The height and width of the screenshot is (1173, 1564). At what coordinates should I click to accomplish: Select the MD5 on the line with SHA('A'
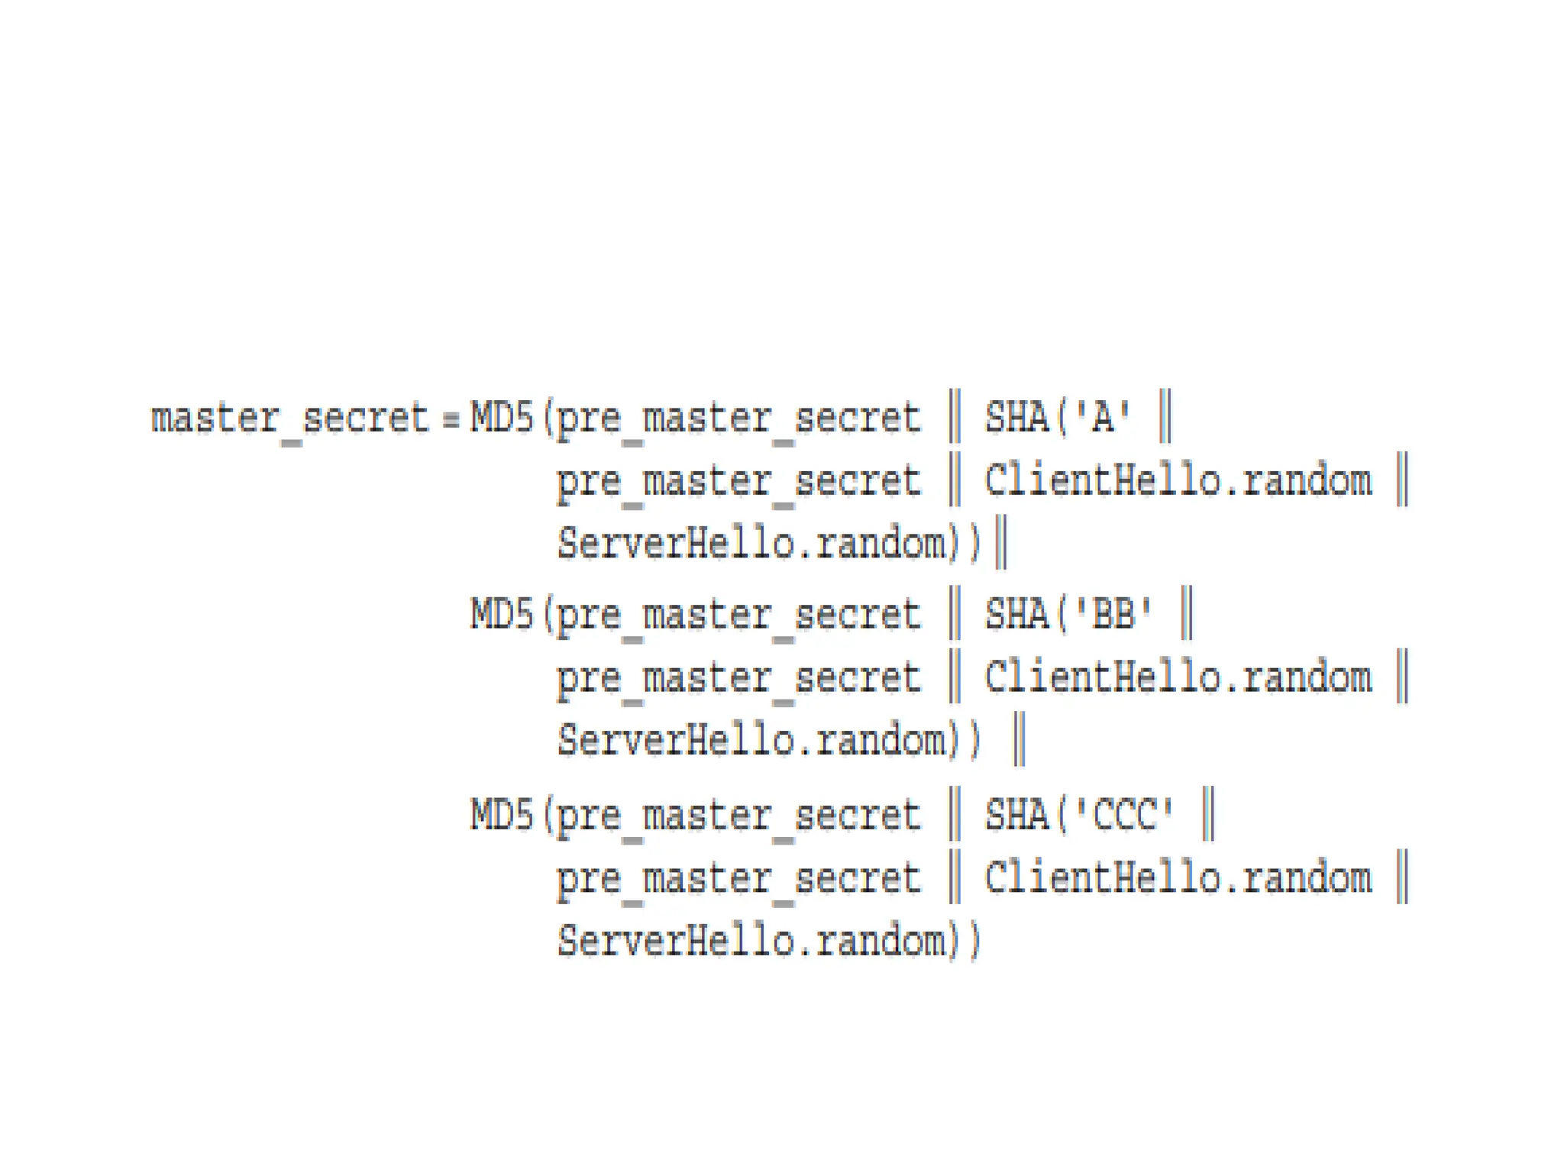pos(501,418)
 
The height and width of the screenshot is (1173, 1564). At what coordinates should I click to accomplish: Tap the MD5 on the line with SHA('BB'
pos(501,615)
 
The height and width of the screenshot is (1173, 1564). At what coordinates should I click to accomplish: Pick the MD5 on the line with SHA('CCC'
pos(501,815)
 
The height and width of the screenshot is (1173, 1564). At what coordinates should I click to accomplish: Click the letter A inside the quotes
pos(1102,418)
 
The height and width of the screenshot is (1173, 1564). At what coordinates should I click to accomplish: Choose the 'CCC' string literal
pos(1124,814)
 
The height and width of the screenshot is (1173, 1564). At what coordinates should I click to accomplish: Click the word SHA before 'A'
pos(1016,418)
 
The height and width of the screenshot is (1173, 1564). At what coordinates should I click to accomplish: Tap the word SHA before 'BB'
pos(1016,614)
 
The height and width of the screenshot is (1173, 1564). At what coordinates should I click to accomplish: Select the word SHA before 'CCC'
pos(1016,814)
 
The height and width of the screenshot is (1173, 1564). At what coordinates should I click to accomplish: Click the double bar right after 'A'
pos(1165,416)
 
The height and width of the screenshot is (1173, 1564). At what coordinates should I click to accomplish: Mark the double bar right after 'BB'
pos(1187,612)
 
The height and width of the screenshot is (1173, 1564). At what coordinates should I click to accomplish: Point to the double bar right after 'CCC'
pos(1208,813)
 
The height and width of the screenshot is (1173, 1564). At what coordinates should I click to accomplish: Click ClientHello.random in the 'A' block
pos(1178,481)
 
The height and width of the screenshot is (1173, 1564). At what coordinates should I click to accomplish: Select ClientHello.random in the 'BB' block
pos(1178,678)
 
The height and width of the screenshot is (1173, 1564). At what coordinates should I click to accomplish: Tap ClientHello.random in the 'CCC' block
pos(1178,877)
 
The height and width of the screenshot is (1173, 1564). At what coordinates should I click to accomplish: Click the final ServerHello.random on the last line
pos(751,941)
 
